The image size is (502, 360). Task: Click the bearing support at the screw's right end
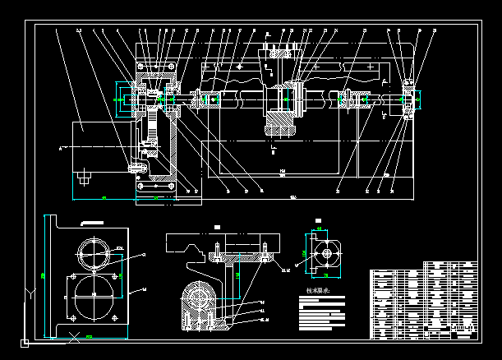click(x=408, y=101)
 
